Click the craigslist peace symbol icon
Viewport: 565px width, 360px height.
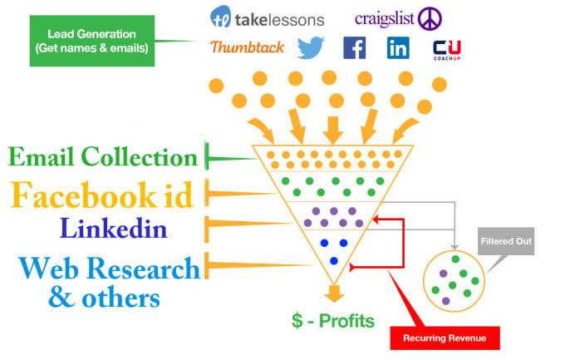coord(430,17)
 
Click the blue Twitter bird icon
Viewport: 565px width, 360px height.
coord(310,48)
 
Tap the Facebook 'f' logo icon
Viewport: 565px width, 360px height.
coord(355,48)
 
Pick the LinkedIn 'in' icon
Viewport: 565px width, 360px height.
coord(398,48)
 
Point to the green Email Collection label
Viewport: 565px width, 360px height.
coord(101,157)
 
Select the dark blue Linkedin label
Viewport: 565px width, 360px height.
coord(114,227)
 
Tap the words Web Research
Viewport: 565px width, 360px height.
coord(109,268)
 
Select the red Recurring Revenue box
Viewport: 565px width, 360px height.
coord(439,338)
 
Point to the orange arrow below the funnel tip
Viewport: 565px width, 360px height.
coord(334,293)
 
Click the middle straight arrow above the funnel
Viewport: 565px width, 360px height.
coord(334,127)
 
